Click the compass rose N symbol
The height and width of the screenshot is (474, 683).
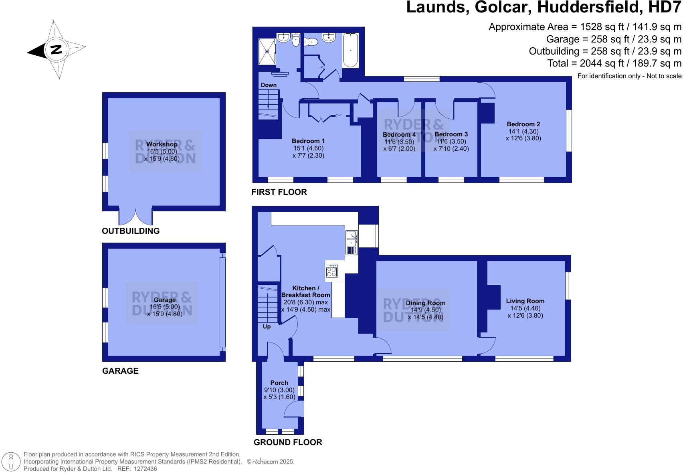[x=56, y=50]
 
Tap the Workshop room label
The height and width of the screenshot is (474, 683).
[x=162, y=144]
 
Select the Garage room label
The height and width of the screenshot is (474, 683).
[x=164, y=300]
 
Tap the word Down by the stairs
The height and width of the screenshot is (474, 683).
[x=269, y=85]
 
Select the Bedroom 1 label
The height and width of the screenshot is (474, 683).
[x=308, y=141]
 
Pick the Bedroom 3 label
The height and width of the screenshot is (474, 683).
[x=451, y=134]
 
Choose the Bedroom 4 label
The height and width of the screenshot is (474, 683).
[x=399, y=135]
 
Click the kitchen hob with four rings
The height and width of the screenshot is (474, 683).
[x=331, y=271]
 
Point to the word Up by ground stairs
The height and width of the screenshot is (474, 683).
[x=267, y=326]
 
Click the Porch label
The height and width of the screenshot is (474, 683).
[x=279, y=383]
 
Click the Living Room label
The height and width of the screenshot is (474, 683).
[x=525, y=301]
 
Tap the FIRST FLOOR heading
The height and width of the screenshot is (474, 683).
[x=279, y=192]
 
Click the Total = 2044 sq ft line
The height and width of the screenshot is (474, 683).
[x=614, y=63]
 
